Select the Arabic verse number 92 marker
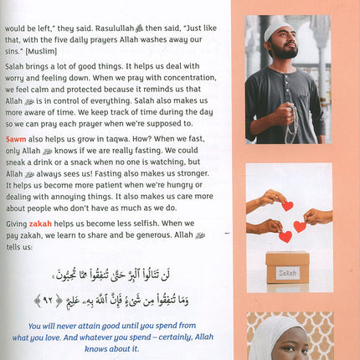point(37,300)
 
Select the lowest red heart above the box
point(285,237)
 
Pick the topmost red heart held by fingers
point(287,205)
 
